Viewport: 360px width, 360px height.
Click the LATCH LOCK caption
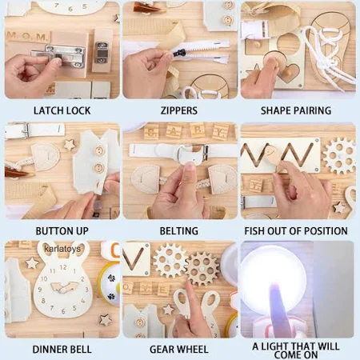tap(62, 110)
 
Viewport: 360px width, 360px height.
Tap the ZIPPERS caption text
tap(179, 110)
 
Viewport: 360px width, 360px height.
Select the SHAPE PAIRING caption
tap(296, 110)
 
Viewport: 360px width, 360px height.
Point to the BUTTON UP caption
tap(62, 231)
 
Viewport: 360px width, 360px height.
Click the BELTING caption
tap(179, 231)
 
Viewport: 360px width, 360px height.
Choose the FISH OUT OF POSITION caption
tap(296, 231)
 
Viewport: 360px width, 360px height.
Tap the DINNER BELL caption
tap(62, 350)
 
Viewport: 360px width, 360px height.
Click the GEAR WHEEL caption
tap(179, 350)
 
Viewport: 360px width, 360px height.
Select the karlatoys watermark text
tap(62, 249)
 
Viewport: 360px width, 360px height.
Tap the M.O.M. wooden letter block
tap(28, 36)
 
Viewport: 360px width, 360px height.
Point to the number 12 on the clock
tap(63, 267)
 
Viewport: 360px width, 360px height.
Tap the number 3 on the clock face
tap(86, 290)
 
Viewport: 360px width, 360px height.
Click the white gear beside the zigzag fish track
tap(339, 156)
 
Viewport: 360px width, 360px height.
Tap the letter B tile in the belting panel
tap(151, 133)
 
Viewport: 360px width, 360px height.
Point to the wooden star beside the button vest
tap(69, 145)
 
